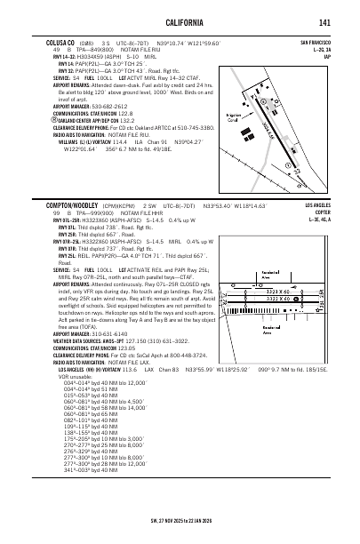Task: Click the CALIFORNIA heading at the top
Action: click(180, 22)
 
